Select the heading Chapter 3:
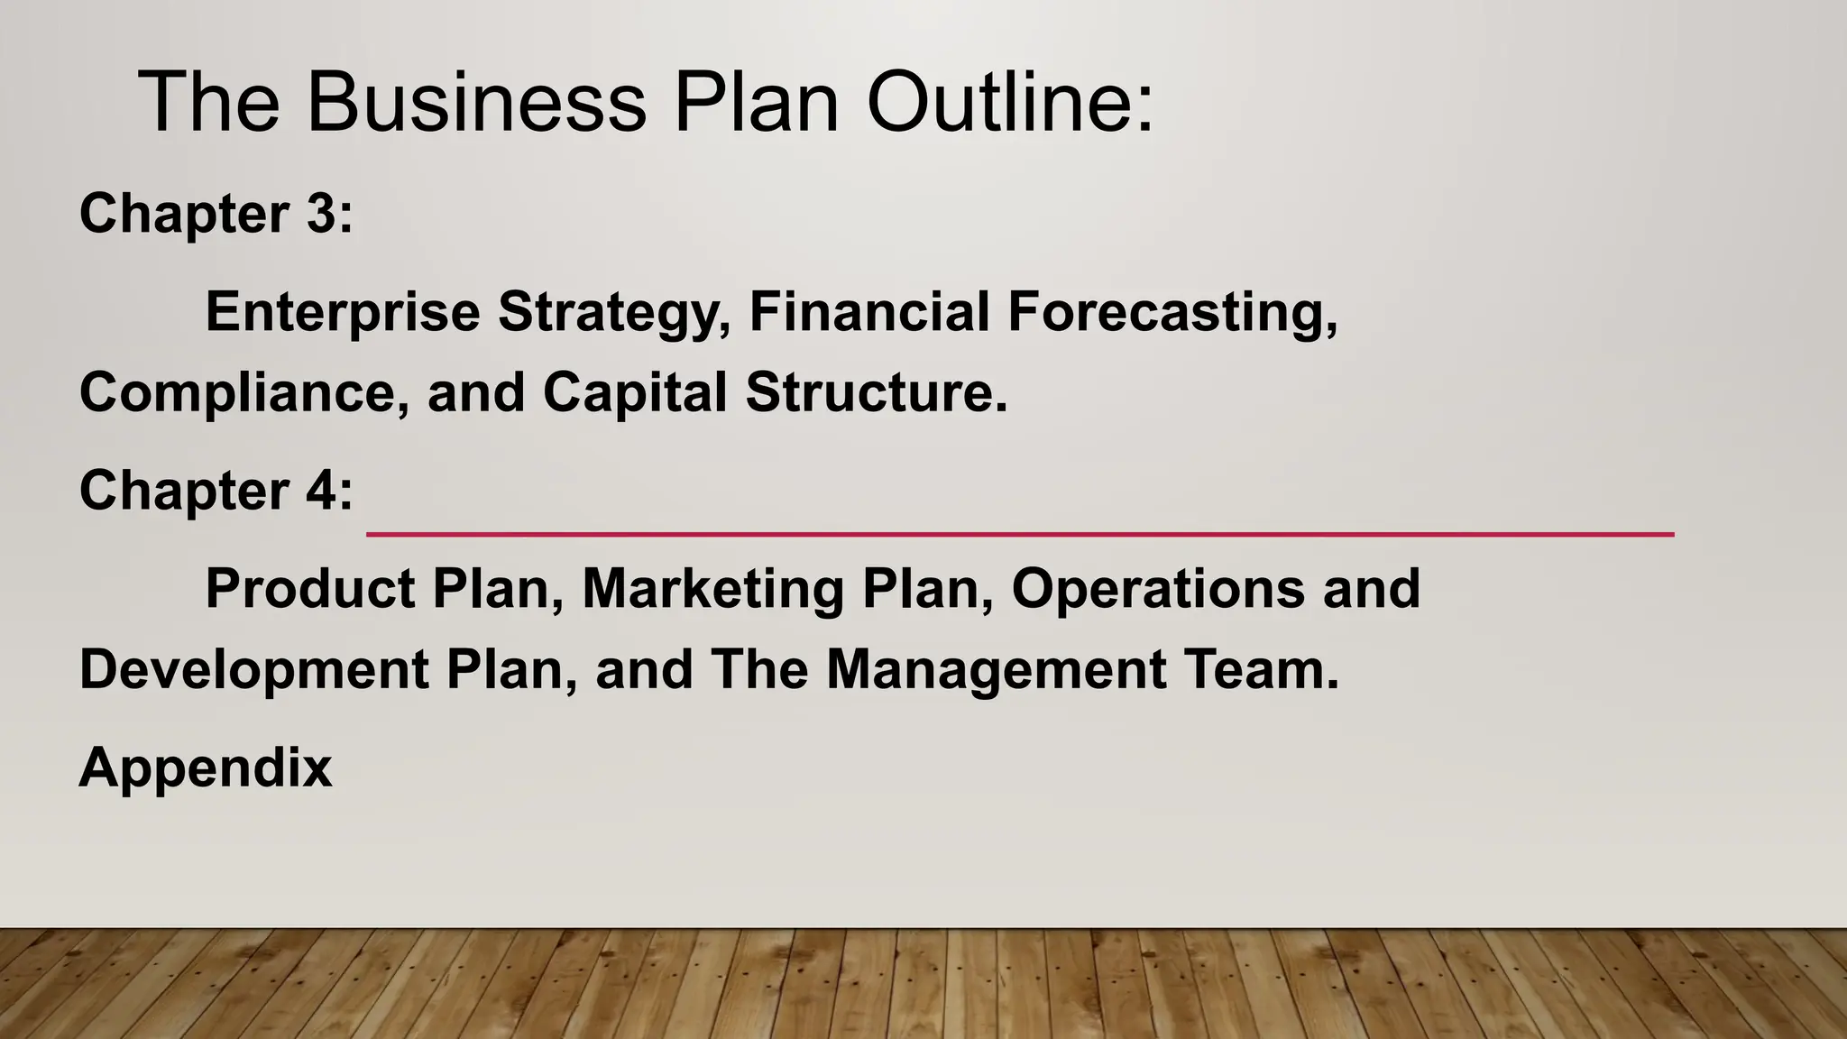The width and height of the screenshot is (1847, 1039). point(216,215)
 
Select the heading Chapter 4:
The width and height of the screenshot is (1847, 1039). point(216,492)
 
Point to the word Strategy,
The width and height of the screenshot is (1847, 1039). point(614,312)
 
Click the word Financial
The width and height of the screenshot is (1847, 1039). point(868,312)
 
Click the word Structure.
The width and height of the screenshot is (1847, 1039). point(876,393)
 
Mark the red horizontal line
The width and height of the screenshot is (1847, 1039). point(1019,535)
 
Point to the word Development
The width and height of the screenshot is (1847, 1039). point(254,670)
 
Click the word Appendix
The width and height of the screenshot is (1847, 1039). point(206,768)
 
